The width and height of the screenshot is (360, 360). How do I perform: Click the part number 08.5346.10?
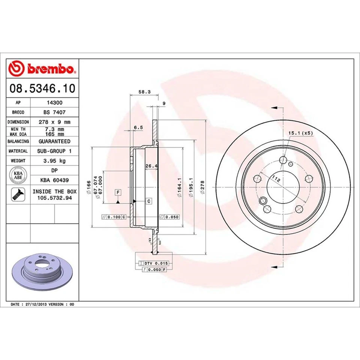click(x=42, y=88)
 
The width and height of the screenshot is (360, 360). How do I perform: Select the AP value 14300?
click(x=54, y=102)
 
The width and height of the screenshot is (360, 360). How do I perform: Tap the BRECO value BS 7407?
click(x=54, y=112)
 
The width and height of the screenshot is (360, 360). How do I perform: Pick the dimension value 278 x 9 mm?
click(x=54, y=122)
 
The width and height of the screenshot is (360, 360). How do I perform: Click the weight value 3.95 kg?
click(x=54, y=160)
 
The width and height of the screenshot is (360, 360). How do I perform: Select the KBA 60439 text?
click(x=54, y=180)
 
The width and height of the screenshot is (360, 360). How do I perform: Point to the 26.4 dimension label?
click(x=150, y=166)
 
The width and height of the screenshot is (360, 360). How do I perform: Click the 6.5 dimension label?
click(x=138, y=127)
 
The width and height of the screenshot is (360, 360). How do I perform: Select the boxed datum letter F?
click(x=118, y=192)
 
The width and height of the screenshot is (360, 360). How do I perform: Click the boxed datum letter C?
click(x=148, y=201)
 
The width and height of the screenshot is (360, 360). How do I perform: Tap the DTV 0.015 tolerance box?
click(x=154, y=264)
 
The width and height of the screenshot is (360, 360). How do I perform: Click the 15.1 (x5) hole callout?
click(x=300, y=133)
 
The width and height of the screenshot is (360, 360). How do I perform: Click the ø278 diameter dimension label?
click(x=202, y=186)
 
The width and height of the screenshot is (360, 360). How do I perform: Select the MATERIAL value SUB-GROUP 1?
click(x=54, y=151)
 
